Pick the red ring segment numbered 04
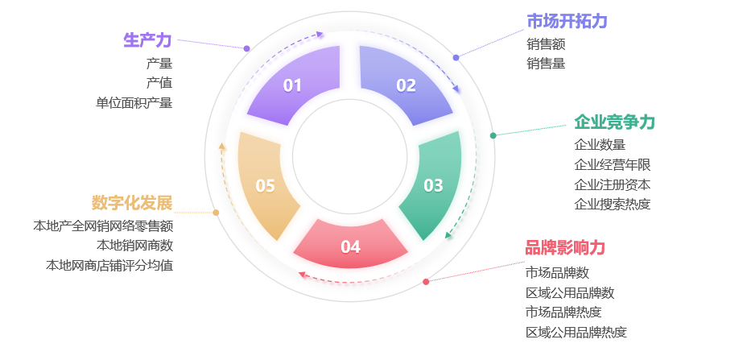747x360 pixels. pos(350,245)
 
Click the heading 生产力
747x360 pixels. pos(147,40)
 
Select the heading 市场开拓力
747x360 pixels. pos(566,21)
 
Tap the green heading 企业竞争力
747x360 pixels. pos(614,122)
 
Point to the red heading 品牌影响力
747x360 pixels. pos(564,248)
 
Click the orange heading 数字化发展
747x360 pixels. pos(132,202)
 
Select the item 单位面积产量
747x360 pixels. pos(134,102)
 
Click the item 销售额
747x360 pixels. pos(546,43)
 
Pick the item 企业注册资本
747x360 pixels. pos(612,184)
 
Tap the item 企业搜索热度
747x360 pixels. pos(612,205)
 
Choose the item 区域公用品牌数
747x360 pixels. pos(570,292)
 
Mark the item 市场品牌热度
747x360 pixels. pos(563,312)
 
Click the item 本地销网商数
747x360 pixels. pos(134,245)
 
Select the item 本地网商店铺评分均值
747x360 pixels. pos(109,265)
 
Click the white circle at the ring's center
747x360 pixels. pos(349,156)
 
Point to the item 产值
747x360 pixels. pos(159,82)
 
